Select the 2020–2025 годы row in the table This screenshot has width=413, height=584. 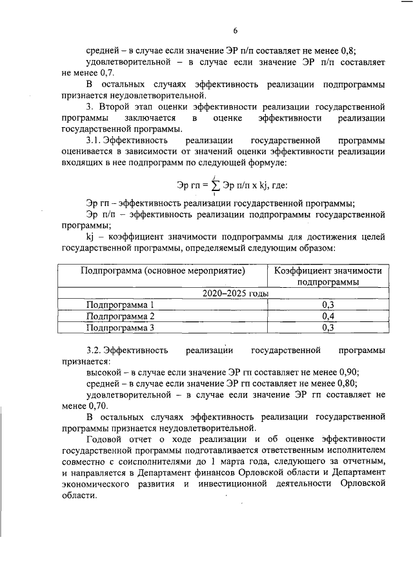[226, 293]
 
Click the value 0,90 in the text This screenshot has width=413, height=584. [348, 372]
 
